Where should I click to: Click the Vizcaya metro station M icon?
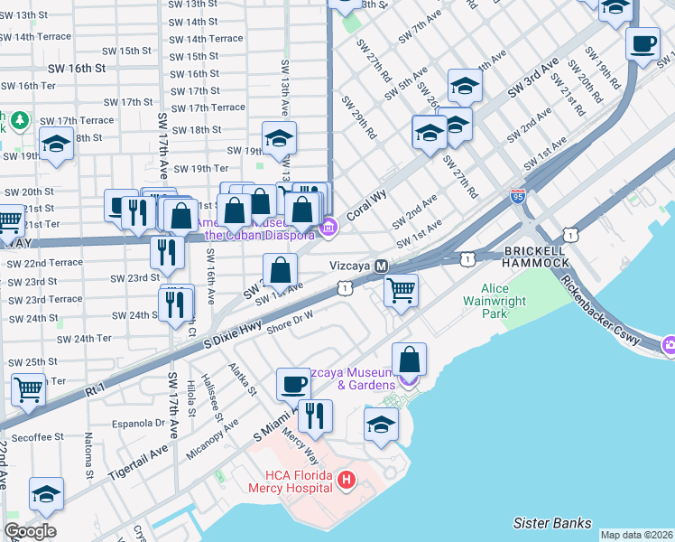tap(382, 266)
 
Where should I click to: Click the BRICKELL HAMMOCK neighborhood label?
tap(537, 256)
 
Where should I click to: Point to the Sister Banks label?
tap(551, 523)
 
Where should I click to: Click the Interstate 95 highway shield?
tap(516, 195)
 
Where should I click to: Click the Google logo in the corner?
tap(30, 531)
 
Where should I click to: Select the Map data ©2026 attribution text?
tap(635, 535)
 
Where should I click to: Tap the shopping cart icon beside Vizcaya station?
tap(401, 290)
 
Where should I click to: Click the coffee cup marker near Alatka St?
tap(293, 383)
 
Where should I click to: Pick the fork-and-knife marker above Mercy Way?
tap(315, 416)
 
